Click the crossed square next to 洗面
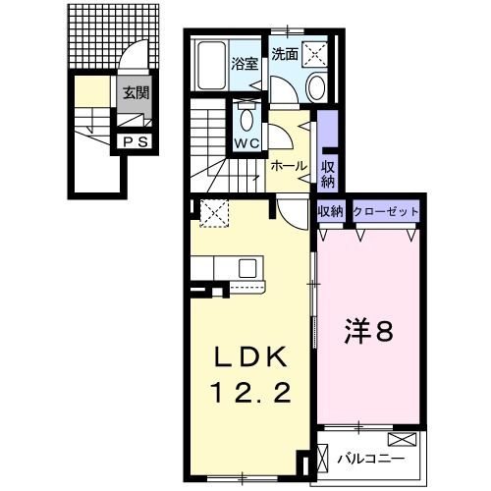click(316, 55)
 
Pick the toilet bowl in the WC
click(246, 119)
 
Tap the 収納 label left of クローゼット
click(329, 211)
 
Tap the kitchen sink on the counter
click(245, 267)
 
